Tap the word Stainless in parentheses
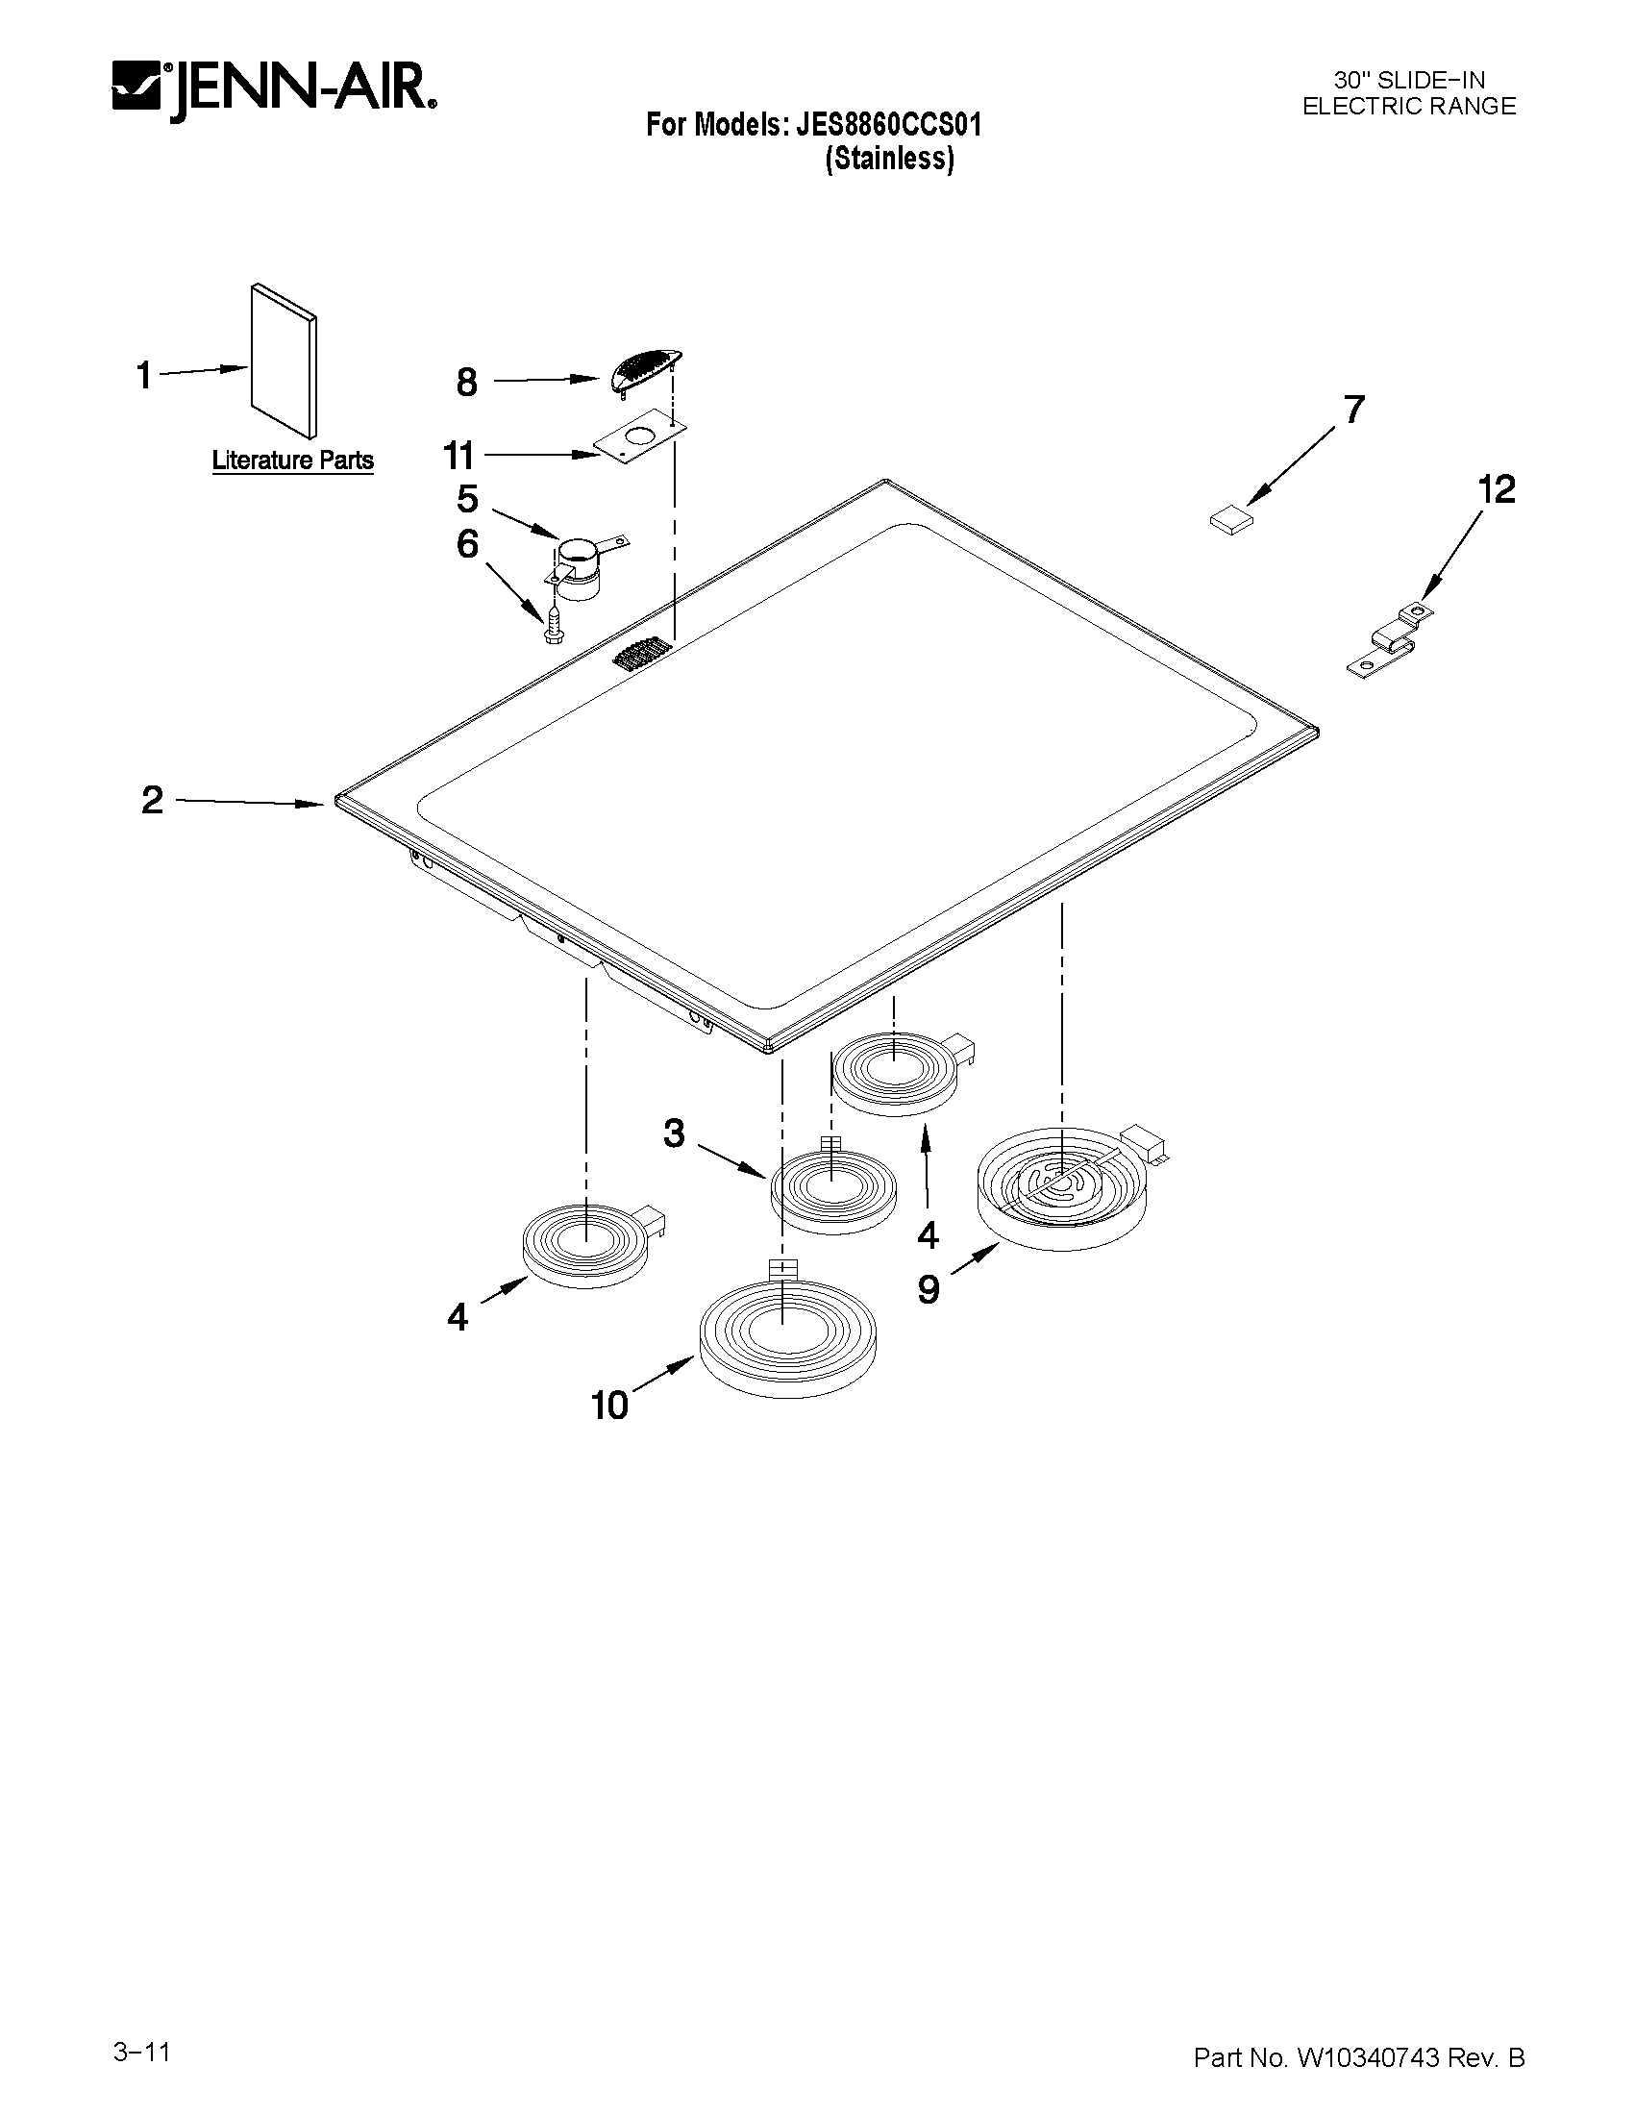pyautogui.click(x=889, y=159)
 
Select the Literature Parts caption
pyautogui.click(x=292, y=461)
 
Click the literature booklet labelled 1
pyautogui.click(x=284, y=361)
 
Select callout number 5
pyautogui.click(x=468, y=500)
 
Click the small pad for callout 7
pyautogui.click(x=1231, y=520)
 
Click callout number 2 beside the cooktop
pyautogui.click(x=152, y=800)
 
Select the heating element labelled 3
pyautogui.click(x=833, y=1190)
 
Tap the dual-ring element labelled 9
pyautogui.click(x=1060, y=1188)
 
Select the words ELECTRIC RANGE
pyautogui.click(x=1408, y=107)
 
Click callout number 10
pyautogui.click(x=610, y=1404)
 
